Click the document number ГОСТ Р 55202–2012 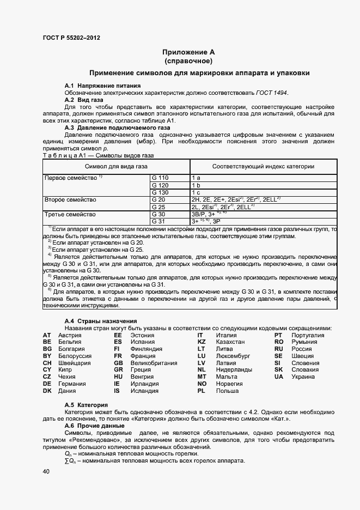tap(71, 38)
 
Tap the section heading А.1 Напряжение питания tap(102, 86)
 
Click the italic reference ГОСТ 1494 tap(272, 93)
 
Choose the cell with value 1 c tap(196, 192)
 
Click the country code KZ tap(201, 342)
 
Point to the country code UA tap(279, 377)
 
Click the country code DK tap(47, 391)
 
